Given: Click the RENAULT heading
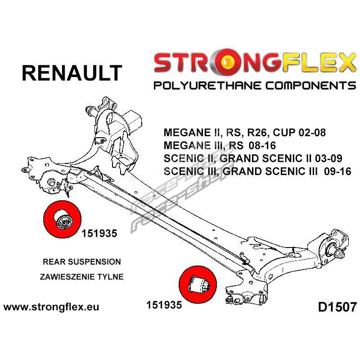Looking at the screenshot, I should coord(72,73).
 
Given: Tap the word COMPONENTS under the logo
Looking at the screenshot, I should coord(305,85).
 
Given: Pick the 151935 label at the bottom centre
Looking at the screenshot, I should coord(164,305).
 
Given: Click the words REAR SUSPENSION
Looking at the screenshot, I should coord(81,261).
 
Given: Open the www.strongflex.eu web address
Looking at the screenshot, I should coord(51,308).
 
